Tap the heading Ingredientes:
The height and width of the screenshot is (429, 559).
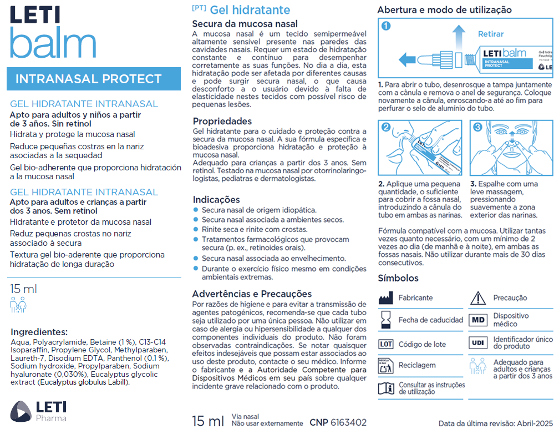(39, 332)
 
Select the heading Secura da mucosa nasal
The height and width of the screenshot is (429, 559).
(245, 24)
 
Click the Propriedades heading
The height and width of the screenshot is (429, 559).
(222, 121)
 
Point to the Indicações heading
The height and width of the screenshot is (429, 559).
(216, 200)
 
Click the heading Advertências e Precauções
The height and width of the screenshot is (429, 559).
(252, 294)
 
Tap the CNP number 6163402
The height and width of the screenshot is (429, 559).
(348, 422)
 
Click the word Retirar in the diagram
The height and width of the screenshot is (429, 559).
(491, 34)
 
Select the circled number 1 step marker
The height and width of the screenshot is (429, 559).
(387, 26)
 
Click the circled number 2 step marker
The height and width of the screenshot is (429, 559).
(387, 127)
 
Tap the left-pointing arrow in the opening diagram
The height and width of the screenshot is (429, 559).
(409, 58)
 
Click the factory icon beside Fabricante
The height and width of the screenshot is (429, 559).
(386, 298)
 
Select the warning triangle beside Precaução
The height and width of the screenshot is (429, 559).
(477, 298)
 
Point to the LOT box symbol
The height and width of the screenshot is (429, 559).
(386, 344)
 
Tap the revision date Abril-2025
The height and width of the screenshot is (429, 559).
(532, 423)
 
